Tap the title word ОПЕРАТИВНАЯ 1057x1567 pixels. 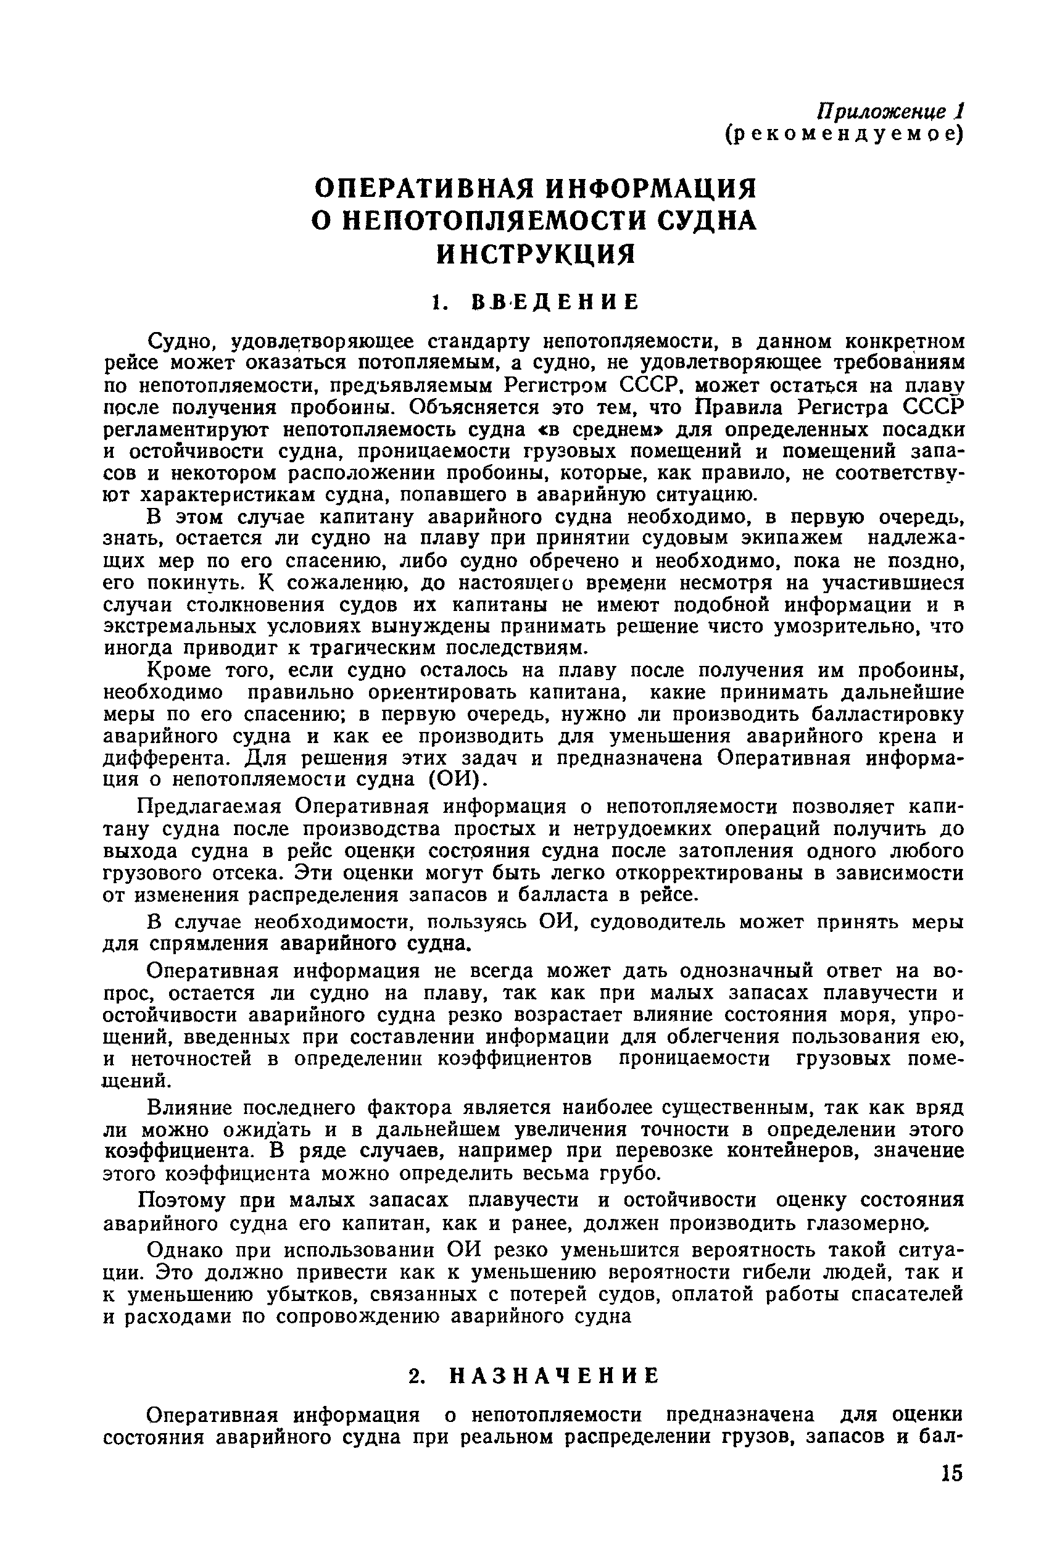[424, 189]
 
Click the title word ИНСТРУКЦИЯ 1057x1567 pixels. [537, 255]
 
